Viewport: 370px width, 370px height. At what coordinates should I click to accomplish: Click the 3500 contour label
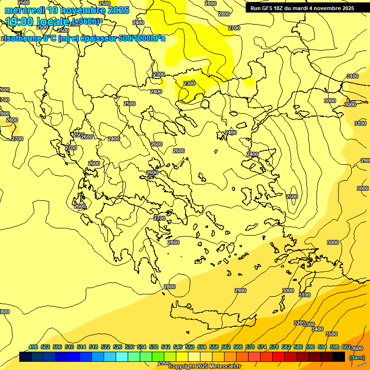click(x=331, y=334)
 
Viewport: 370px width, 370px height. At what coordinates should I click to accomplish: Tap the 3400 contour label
click(x=317, y=329)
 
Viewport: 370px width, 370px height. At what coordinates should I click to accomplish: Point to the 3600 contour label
click(x=357, y=348)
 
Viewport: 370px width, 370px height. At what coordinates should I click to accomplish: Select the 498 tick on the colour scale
click(x=33, y=347)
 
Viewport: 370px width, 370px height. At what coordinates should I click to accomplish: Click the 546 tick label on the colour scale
click(x=178, y=347)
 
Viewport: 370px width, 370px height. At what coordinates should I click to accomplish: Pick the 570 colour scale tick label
click(x=250, y=347)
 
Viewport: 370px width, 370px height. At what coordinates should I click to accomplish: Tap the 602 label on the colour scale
click(x=346, y=347)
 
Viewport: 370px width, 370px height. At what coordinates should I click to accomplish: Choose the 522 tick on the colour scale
click(x=106, y=347)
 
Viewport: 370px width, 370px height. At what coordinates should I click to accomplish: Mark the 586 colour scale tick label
click(x=298, y=347)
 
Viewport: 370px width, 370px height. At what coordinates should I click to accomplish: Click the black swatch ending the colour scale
click(x=339, y=357)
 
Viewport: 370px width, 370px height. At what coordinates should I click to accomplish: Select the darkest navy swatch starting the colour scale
click(x=26, y=357)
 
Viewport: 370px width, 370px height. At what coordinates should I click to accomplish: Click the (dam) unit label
click(x=357, y=357)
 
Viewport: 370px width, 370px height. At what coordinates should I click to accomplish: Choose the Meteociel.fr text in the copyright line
click(x=224, y=367)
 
